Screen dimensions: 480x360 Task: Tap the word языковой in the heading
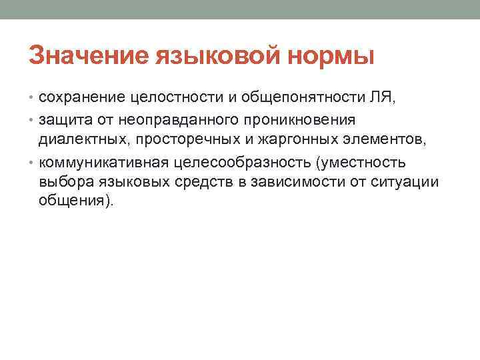pos(217,55)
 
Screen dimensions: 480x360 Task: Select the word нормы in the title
pos(331,57)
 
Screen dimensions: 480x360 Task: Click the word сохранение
pos(82,98)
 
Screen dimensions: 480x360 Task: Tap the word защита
pos(65,120)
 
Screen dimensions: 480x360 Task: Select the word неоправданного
pos(178,120)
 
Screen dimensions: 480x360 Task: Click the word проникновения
pos(300,120)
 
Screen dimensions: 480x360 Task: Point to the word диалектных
pos(83,139)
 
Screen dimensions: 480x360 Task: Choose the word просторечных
pos(187,140)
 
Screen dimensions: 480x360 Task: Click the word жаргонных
pos(297,139)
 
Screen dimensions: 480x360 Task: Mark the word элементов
pos(383,139)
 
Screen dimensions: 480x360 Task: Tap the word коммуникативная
pos(104,162)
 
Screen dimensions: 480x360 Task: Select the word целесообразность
pos(243,162)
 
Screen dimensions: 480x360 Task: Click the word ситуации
pos(405,182)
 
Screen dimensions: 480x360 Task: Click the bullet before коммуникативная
pos(31,163)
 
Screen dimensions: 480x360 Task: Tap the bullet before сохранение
pos(31,97)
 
